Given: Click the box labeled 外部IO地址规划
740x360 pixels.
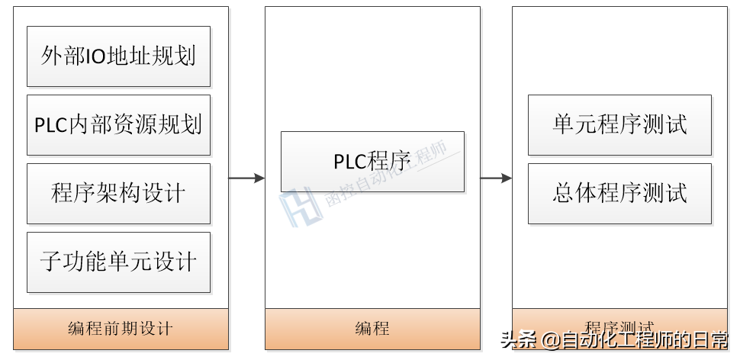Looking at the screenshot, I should (118, 56).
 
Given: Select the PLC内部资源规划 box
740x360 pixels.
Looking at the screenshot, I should (118, 125).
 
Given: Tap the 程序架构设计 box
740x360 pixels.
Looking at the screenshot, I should (118, 194).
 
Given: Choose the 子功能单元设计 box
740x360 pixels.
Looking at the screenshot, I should (118, 262).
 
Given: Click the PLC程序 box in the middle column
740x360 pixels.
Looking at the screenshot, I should (372, 162).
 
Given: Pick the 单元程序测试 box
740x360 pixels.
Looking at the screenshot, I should (619, 125).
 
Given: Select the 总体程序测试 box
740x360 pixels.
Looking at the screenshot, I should (619, 194).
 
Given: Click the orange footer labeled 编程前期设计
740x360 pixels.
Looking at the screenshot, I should (121, 329).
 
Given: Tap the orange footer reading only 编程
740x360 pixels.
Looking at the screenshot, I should (372, 329).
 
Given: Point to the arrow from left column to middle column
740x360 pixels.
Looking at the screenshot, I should (246, 178).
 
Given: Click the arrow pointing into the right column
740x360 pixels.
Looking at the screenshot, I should (496, 178).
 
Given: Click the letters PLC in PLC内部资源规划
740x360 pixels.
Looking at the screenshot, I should (51, 125).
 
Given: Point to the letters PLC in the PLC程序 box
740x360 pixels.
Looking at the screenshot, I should (350, 162).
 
